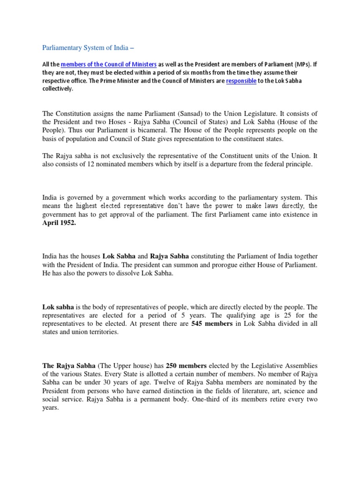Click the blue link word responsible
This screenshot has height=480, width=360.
[x=241, y=81]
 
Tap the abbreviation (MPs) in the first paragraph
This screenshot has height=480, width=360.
[x=296, y=64]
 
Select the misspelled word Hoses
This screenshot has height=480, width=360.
[x=126, y=122]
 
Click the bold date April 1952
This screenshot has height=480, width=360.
[x=60, y=224]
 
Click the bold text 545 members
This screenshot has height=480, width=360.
[x=212, y=324]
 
